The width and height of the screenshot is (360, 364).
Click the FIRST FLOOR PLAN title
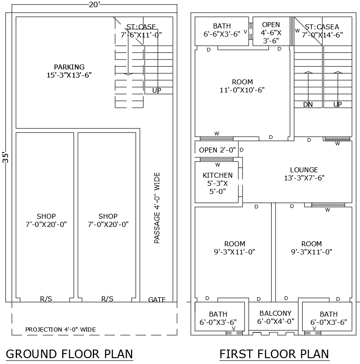click(274, 354)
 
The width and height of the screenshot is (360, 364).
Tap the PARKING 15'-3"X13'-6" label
click(69, 71)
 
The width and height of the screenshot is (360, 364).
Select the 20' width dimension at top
click(95, 5)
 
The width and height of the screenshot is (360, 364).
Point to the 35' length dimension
click(5, 157)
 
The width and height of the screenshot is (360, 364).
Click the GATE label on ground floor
click(157, 299)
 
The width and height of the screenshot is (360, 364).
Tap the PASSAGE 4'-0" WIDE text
click(157, 208)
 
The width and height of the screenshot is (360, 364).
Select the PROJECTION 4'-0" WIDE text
click(60, 329)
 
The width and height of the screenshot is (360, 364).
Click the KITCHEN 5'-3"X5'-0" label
click(218, 183)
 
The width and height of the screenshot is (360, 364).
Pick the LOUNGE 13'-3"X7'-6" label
click(304, 174)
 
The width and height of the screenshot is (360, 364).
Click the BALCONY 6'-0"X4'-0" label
click(275, 317)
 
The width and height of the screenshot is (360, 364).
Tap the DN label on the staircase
click(308, 105)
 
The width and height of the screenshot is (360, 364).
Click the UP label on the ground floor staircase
click(156, 90)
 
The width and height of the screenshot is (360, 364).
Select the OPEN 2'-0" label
click(217, 150)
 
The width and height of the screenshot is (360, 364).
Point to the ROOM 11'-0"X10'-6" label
click(242, 86)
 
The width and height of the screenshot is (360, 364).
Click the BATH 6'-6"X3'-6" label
click(222, 30)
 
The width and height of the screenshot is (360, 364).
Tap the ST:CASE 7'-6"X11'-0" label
click(141, 30)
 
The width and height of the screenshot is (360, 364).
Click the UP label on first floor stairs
click(337, 105)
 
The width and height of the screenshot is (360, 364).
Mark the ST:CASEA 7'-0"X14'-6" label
click(322, 30)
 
